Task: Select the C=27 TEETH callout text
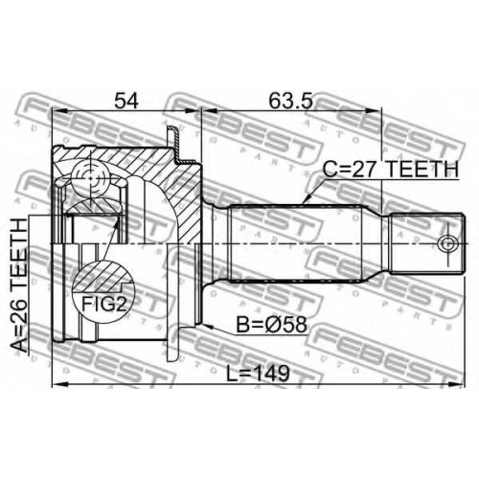pos(390,169)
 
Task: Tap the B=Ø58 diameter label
pos(271,325)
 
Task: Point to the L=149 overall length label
pos(258,374)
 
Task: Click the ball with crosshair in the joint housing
pos(90,177)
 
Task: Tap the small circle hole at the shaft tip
pos(446,244)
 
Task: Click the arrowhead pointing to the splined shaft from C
pos(307,199)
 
